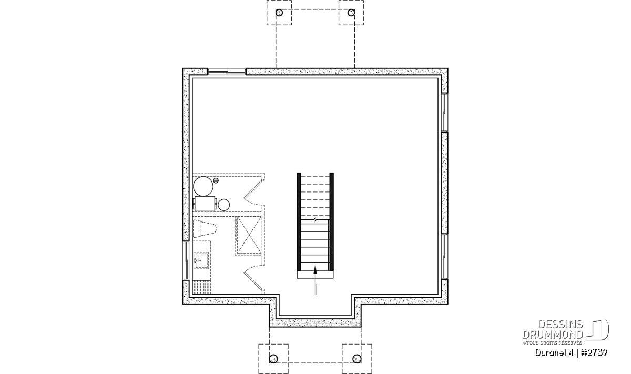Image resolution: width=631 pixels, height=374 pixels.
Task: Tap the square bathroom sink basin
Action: [x=201, y=261]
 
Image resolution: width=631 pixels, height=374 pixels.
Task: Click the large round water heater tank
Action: [x=203, y=186]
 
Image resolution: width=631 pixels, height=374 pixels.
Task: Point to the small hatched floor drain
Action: [x=216, y=180]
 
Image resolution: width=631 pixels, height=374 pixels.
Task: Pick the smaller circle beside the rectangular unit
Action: [x=224, y=205]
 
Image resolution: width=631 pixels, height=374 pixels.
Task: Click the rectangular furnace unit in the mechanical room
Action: [x=205, y=204]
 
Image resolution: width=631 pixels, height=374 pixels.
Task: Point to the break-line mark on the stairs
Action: [x=315, y=219]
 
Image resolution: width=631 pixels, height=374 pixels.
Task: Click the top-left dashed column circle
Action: [x=279, y=13]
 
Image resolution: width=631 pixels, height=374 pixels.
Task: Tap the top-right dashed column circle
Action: [x=351, y=13]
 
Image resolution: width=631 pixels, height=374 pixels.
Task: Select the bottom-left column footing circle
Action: [x=273, y=359]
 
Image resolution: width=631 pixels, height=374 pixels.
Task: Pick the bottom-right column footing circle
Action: [x=357, y=359]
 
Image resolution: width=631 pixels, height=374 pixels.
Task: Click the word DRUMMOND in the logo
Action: [x=553, y=335]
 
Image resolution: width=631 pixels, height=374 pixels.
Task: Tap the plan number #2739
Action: [x=594, y=353]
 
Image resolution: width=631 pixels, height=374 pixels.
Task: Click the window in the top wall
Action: [x=227, y=72]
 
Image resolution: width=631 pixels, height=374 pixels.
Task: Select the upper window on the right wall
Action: [x=444, y=112]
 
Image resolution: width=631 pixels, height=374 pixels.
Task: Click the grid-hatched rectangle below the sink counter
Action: [x=202, y=288]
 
